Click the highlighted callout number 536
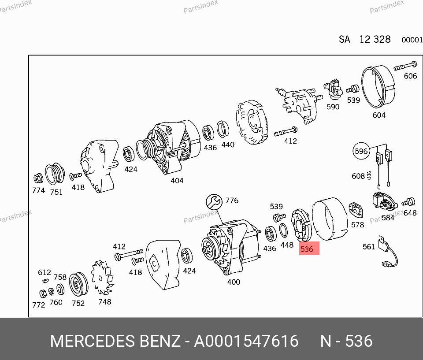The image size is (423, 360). click(x=307, y=249)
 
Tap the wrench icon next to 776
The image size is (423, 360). click(x=214, y=201)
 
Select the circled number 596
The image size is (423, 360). click(x=361, y=151)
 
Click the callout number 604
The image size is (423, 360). click(x=379, y=115)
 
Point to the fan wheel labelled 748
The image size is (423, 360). click(x=102, y=278)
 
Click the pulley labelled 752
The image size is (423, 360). click(x=78, y=285)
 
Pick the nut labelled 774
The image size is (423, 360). click(x=38, y=178)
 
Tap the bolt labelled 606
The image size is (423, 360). click(x=405, y=66)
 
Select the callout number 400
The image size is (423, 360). click(x=234, y=282)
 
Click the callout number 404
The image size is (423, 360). click(x=177, y=181)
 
